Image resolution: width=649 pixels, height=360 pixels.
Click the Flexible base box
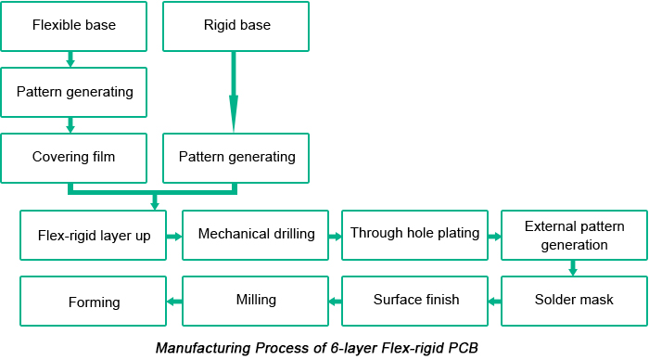click(74, 25)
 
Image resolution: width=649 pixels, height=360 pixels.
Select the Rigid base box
click(236, 25)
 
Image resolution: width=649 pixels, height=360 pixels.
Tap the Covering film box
click(74, 157)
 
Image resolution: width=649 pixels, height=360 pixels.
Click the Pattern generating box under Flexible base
click(74, 92)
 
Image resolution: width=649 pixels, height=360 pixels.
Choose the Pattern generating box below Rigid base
click(236, 157)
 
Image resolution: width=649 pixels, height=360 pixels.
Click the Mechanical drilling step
click(257, 234)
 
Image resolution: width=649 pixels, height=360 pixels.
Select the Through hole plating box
click(415, 234)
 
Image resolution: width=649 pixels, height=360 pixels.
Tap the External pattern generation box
click(574, 236)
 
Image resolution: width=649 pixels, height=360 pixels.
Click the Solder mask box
click(574, 301)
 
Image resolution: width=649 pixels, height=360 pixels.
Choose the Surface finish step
click(415, 301)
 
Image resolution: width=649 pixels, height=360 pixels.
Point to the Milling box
click(257, 301)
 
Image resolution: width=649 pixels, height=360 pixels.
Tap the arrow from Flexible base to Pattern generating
click(70, 58)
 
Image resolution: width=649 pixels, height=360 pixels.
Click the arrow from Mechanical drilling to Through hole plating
click(334, 236)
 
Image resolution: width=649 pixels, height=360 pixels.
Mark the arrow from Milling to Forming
click(174, 301)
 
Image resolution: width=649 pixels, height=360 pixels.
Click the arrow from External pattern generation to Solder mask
click(573, 267)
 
